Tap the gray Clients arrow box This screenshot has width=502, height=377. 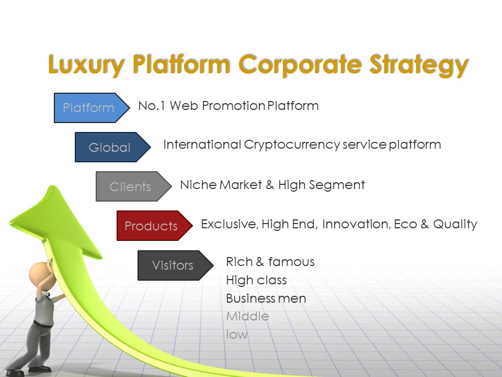click(133, 186)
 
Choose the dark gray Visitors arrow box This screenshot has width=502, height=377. click(176, 265)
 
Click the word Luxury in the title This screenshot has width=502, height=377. click(86, 65)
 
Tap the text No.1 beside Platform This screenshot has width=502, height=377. click(152, 106)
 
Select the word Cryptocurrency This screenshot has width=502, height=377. click(292, 145)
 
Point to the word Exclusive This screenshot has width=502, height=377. click(230, 224)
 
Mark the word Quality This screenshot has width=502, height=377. click(455, 225)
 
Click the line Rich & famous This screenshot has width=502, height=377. click(270, 262)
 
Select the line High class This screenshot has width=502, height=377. click(256, 281)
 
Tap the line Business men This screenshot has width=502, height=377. click(266, 298)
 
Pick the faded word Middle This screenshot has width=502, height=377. click(247, 316)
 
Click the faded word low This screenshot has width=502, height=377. click(237, 335)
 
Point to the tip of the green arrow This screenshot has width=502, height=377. click(51, 186)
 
